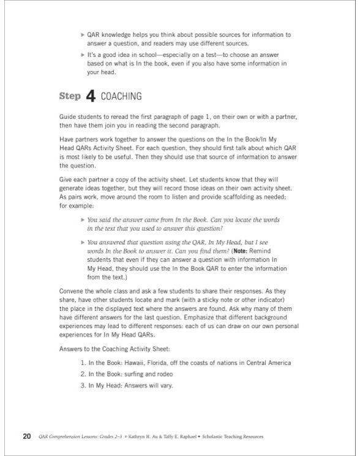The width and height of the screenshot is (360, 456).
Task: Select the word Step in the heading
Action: [70, 97]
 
